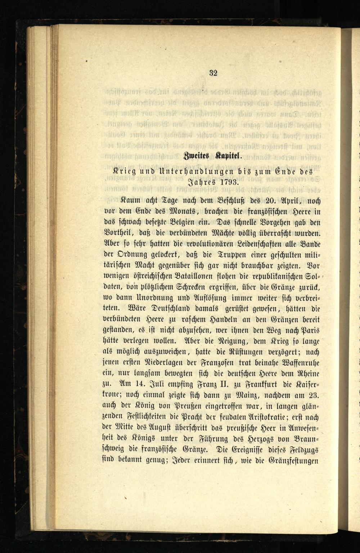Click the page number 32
(x=213, y=73)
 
